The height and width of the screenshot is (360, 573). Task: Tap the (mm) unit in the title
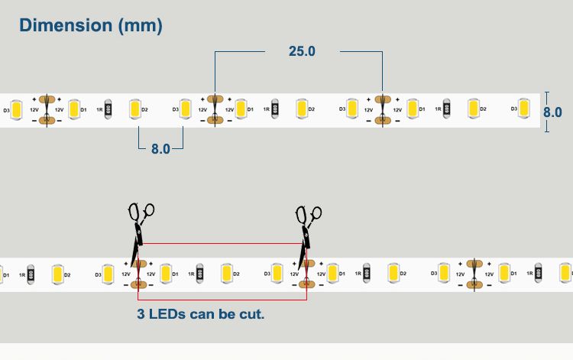pyautogui.click(x=140, y=26)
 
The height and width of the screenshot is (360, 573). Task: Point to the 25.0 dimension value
pyautogui.click(x=302, y=51)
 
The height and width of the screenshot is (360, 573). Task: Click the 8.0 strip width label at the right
pyautogui.click(x=552, y=112)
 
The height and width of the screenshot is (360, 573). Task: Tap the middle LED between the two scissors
pyautogui.click(x=225, y=273)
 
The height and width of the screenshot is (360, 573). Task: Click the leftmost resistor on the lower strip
pyautogui.click(x=31, y=273)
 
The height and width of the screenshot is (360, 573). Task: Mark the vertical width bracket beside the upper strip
pyautogui.click(x=546, y=112)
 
